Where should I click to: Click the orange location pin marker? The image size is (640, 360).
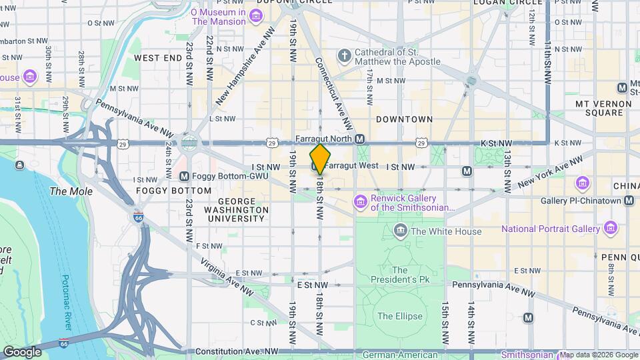click(x=319, y=159)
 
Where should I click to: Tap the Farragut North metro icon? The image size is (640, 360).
click(x=360, y=139)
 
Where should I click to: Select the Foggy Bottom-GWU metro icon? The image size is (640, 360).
click(x=184, y=176)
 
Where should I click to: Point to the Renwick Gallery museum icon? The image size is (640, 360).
click(x=361, y=201)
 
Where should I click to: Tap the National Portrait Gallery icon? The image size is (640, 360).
click(x=610, y=229)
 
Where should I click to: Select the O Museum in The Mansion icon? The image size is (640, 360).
click(x=256, y=15)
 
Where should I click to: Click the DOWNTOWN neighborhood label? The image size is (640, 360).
click(x=404, y=119)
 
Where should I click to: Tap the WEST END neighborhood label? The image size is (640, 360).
click(x=158, y=58)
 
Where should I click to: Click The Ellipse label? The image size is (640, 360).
click(x=399, y=315)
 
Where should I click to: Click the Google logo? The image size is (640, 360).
click(x=22, y=352)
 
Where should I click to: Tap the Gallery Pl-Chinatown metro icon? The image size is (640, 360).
click(x=629, y=201)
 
